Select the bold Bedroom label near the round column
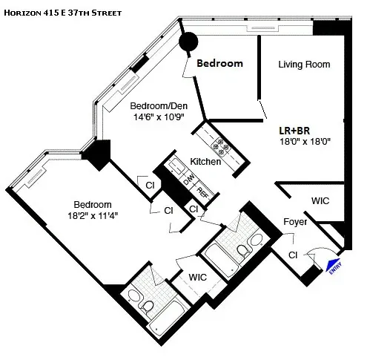pos(219,63)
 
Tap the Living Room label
pos(303,65)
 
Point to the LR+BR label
pos(296,127)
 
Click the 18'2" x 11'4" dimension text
pos(92,216)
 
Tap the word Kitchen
pos(205,161)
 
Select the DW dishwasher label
pos(188,178)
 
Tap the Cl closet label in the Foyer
pos(293,255)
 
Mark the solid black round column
pos(190,42)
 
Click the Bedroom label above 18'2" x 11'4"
pos(92,205)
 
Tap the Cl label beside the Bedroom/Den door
pos(149,185)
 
